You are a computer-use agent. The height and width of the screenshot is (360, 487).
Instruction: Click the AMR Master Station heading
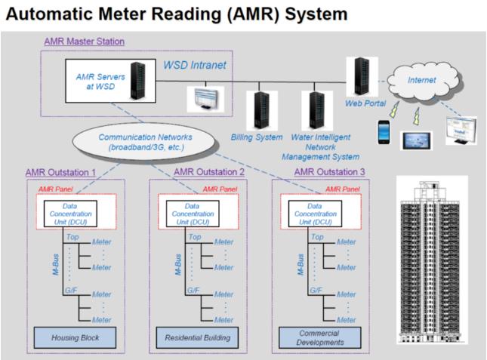pyautogui.click(x=85, y=42)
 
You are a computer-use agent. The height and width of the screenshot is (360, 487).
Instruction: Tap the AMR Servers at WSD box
pyautogui.click(x=110, y=81)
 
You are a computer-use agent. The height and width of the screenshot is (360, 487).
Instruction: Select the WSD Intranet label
pyautogui.click(x=195, y=65)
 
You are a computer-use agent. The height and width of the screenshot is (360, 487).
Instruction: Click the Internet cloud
pyautogui.click(x=422, y=80)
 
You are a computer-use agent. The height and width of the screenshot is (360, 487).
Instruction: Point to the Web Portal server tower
pyautogui.click(x=362, y=76)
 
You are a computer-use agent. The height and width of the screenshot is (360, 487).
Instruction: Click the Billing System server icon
pyautogui.click(x=262, y=110)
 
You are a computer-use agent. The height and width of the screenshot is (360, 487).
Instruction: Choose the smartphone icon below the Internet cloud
pyautogui.click(x=384, y=132)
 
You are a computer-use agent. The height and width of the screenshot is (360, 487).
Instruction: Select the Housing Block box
pyautogui.click(x=76, y=337)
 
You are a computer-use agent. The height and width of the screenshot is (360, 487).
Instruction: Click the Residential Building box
pyautogui.click(x=197, y=337)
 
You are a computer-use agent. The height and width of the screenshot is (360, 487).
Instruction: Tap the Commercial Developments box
pyautogui.click(x=320, y=337)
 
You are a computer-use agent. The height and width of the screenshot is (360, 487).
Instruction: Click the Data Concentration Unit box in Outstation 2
pyautogui.click(x=193, y=214)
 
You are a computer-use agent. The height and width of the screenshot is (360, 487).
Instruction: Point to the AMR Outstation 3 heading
pyautogui.click(x=329, y=172)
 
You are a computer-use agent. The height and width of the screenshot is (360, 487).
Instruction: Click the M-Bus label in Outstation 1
pyautogui.click(x=56, y=265)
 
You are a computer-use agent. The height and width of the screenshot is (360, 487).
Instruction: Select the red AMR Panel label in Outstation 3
pyautogui.click(x=343, y=189)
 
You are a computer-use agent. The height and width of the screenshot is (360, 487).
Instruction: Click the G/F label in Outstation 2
pyautogui.click(x=193, y=290)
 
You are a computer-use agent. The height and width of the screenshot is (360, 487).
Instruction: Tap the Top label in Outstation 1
pyautogui.click(x=72, y=237)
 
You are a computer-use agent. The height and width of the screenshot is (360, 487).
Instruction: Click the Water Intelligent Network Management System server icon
pyautogui.click(x=317, y=110)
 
